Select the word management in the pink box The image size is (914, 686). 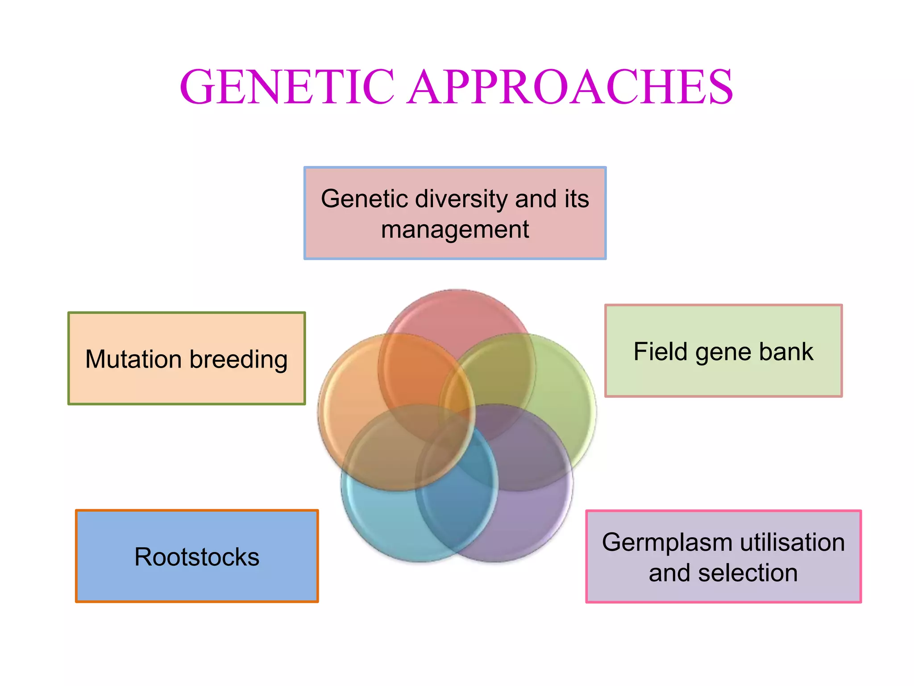point(455,230)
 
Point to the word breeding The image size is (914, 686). point(239,360)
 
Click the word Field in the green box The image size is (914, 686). point(660,351)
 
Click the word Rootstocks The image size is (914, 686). point(197,557)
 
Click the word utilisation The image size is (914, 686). point(793,542)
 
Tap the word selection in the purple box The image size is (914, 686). point(748,573)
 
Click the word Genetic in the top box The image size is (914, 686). point(364,199)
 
